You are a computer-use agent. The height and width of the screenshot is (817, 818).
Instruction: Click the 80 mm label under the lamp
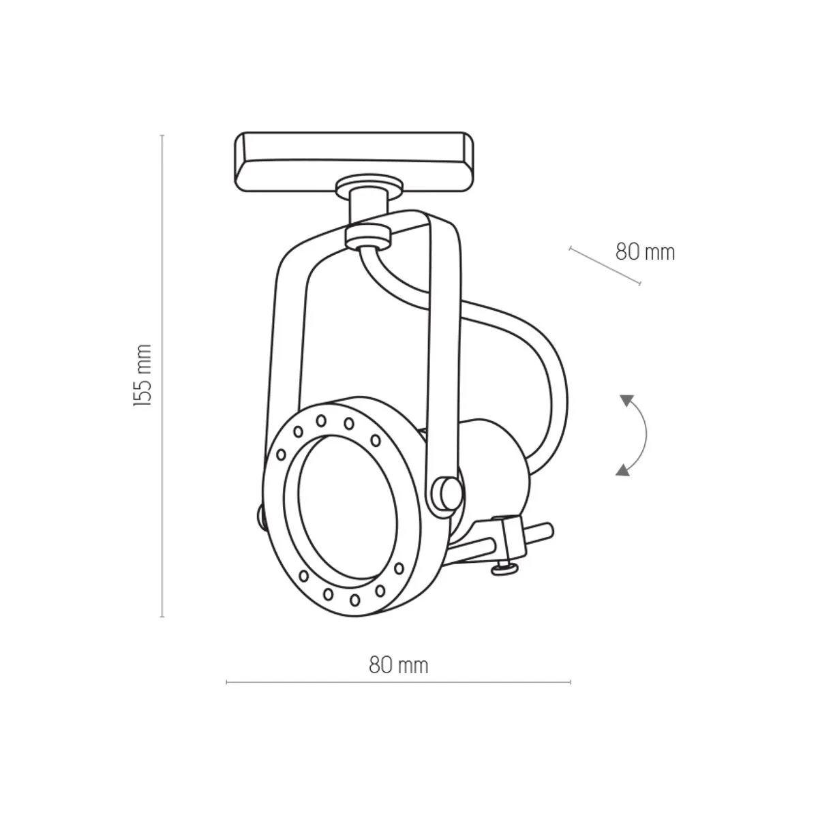pos(399,665)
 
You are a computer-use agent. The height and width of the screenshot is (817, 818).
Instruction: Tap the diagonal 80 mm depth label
pos(645,252)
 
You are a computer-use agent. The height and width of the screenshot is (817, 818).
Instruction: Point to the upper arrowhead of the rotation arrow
pos(627,401)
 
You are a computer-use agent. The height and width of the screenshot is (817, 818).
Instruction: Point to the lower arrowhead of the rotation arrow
pos(623,469)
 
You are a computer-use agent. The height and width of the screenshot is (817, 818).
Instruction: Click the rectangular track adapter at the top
pos(354,161)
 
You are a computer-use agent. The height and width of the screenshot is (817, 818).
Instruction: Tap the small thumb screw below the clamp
pos(503,569)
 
